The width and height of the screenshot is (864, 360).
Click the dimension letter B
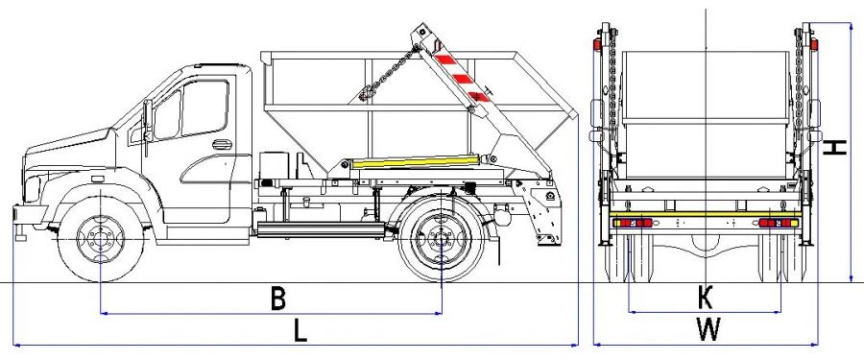pos(276,299)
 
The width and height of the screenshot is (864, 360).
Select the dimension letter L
pos(300,331)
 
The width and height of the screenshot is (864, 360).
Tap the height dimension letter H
pos(836,147)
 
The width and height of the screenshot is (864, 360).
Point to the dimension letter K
pos(706,299)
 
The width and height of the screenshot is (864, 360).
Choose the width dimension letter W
pos(708,330)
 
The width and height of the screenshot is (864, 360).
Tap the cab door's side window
pos(202,108)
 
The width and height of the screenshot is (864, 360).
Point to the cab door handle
pos(222,145)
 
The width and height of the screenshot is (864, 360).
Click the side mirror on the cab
pos(148,121)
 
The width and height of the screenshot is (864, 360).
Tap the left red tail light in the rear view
pos(628,224)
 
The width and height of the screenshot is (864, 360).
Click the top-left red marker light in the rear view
pos(597,45)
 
